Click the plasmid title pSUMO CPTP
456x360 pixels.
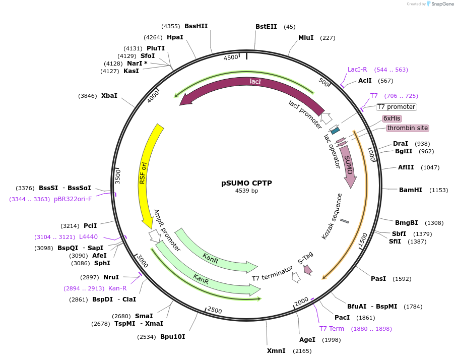247,183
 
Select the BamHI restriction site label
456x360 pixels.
411,190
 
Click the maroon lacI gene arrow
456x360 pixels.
252,86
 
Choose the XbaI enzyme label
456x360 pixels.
109,95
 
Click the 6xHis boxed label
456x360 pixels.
392,118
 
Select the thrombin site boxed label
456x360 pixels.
408,128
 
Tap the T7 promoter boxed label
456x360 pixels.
396,107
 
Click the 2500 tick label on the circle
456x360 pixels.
215,310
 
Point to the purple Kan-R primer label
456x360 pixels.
117,288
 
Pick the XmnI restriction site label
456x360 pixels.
276,350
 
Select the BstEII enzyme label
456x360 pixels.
266,27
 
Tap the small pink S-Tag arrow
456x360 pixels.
308,271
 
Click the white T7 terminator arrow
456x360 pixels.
296,276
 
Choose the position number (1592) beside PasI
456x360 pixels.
403,278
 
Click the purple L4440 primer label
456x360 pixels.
88,236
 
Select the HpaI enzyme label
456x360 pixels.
175,37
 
